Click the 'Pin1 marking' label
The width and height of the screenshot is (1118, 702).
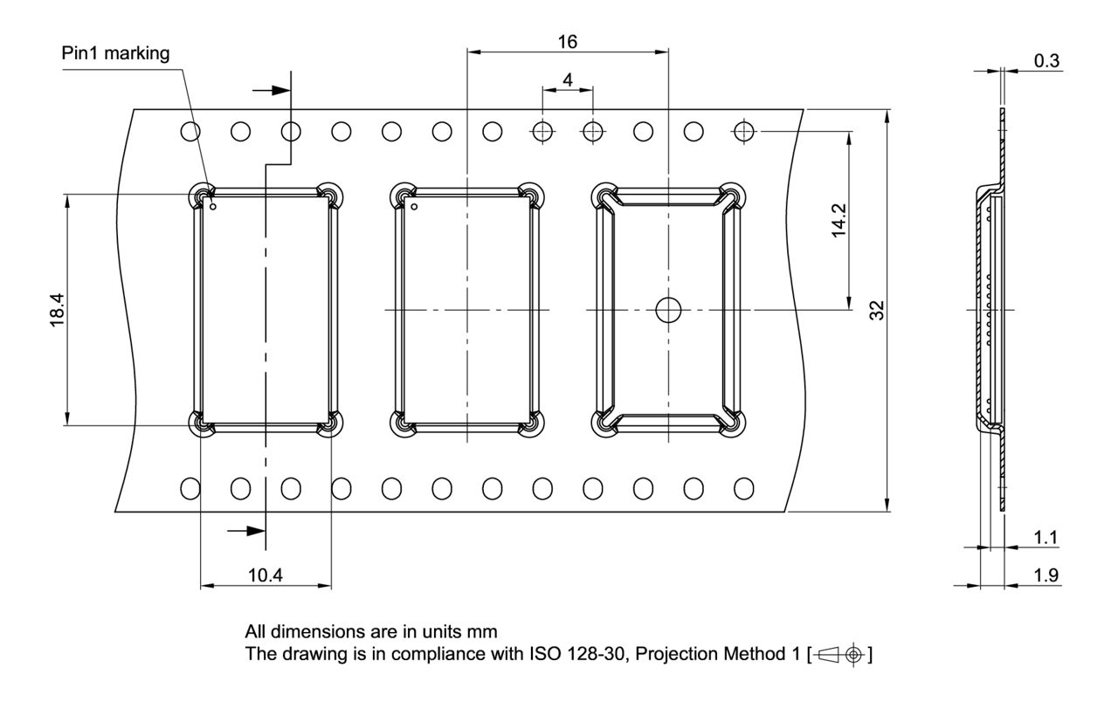(115, 53)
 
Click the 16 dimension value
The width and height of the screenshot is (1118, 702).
(568, 41)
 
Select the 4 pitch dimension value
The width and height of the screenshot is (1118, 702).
(568, 79)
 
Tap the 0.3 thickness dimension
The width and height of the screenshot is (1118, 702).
(1046, 60)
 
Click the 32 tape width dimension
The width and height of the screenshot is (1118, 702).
(878, 310)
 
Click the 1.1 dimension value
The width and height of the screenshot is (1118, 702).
(1046, 538)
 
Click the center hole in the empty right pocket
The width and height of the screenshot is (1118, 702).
(669, 310)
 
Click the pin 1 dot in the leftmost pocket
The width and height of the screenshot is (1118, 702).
(213, 207)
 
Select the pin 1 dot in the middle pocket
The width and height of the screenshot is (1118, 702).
(414, 207)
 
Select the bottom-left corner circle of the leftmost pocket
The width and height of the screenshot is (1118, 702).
(202, 424)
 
